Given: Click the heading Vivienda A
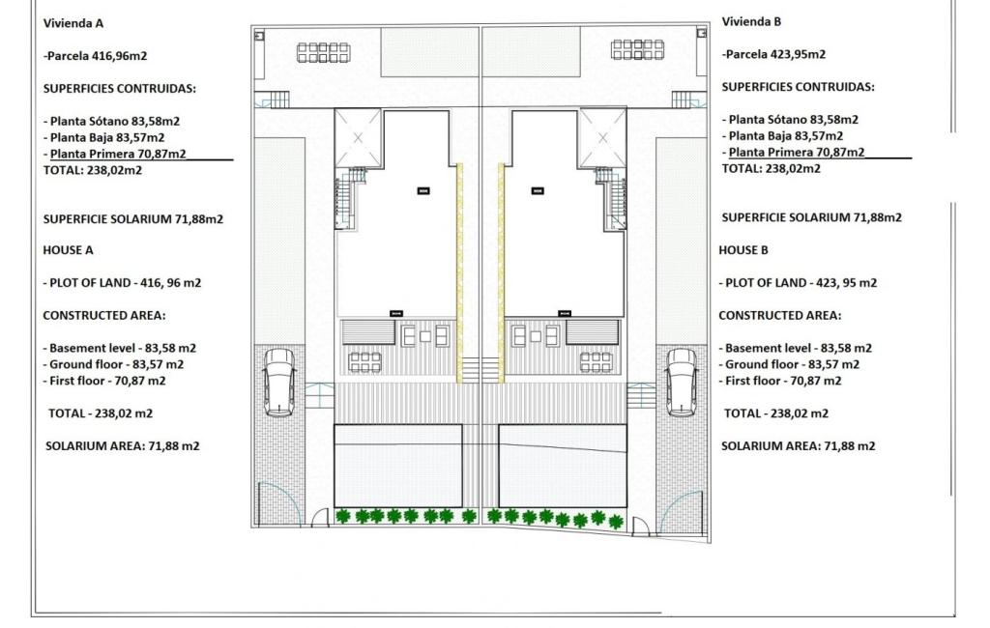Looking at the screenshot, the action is pos(73,23).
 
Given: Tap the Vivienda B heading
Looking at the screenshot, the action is pos(751,21).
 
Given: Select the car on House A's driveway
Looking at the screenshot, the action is pos(279,382).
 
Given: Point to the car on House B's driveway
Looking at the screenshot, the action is pos(683,382).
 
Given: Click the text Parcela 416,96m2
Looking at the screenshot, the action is pos(96,55).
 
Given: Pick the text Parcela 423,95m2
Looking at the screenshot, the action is pos(774,54).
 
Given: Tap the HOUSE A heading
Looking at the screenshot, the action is pos(69,250).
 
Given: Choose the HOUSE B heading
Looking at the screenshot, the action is pos(743,250).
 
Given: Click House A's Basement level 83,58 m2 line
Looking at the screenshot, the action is pos(120,348).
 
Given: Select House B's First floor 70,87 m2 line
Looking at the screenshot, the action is pos(780,381).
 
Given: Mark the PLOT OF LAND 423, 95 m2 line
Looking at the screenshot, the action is pos(798,283).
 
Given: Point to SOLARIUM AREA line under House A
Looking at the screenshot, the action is pos(123,445).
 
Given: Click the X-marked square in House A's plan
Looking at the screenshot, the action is pos(358,138).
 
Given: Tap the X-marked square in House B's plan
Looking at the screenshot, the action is pos(602,138).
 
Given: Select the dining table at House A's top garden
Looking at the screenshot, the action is pos(323,52).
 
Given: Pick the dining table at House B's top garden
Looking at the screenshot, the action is pos(638,49).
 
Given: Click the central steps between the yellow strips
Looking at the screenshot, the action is pos(480,370).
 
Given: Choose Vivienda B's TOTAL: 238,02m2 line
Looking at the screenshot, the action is pos(771,168).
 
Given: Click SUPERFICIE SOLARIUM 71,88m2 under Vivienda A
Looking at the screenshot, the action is pos(133,219).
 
